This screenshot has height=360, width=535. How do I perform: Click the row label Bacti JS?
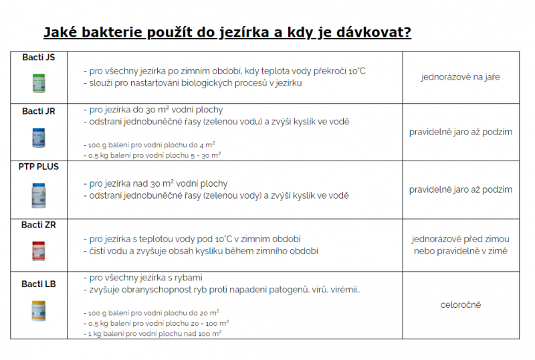[x=38, y=58]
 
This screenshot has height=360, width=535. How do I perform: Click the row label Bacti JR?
[x=38, y=111]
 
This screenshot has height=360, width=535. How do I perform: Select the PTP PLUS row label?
[x=38, y=167]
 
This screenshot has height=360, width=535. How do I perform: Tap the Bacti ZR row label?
[x=38, y=225]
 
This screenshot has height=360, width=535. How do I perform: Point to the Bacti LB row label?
[x=38, y=284]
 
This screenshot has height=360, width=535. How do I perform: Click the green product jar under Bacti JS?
[x=38, y=82]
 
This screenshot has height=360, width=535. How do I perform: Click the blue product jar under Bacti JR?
[x=38, y=138]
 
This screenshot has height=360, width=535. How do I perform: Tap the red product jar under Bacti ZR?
[x=38, y=250]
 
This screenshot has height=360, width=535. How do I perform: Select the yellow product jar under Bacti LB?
[x=38, y=310]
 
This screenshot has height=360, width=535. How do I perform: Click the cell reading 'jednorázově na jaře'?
[x=461, y=77]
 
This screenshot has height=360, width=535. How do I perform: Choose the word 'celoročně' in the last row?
[x=461, y=305]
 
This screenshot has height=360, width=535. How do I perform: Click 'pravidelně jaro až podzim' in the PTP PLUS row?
[x=461, y=190]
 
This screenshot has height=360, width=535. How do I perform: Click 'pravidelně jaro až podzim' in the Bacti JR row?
[x=461, y=132]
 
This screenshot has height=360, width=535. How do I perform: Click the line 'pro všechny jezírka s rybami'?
[x=146, y=278]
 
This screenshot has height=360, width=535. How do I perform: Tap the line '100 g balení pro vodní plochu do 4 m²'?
[x=152, y=144]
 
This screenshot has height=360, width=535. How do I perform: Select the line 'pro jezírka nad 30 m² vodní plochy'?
[x=158, y=183]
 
